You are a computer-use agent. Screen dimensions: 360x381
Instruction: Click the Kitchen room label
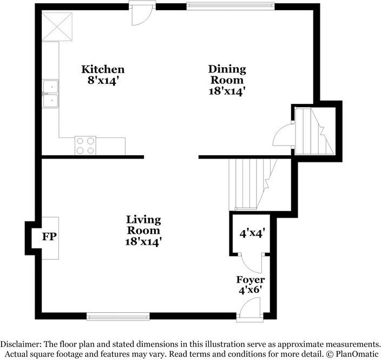[x=103, y=69]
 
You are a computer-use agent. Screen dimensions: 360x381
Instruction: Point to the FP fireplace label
[x=50, y=237]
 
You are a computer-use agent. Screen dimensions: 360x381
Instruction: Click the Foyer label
[x=251, y=280]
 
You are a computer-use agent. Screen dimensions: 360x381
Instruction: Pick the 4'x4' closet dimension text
[x=252, y=234]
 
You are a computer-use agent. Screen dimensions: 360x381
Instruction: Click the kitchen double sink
[x=51, y=94]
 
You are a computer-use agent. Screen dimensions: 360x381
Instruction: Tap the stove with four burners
[x=85, y=145]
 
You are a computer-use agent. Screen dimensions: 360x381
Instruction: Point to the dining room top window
[x=230, y=6]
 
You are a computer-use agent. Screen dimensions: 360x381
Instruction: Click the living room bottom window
[x=118, y=316]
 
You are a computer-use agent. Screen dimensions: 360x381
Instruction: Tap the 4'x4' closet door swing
[x=251, y=263]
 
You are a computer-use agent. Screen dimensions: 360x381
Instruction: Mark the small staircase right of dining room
[x=314, y=132]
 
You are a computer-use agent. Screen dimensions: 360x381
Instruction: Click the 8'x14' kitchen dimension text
[x=103, y=80]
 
